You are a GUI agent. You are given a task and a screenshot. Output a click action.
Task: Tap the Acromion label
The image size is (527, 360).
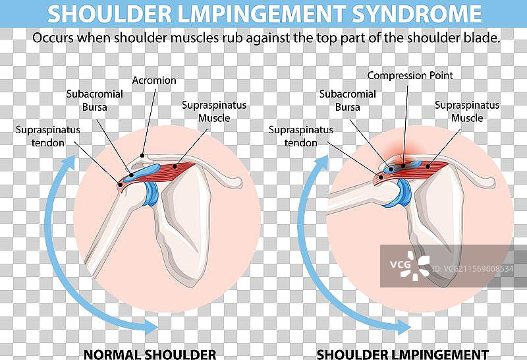pyautogui.click(x=154, y=80)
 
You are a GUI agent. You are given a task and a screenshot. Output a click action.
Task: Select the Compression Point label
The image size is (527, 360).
pyautogui.click(x=410, y=75)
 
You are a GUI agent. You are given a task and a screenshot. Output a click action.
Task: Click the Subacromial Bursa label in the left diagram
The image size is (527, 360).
pyautogui.click(x=95, y=100)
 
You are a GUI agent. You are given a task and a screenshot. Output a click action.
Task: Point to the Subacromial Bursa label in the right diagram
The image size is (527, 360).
pyautogui.click(x=348, y=100)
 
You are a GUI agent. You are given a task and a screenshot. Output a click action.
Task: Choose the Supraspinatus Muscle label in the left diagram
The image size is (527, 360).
pyautogui.click(x=214, y=111)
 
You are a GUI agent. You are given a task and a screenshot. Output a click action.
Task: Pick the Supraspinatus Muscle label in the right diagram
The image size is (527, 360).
pyautogui.click(x=467, y=111)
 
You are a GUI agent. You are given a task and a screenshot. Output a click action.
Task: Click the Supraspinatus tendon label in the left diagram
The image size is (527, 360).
pyautogui.click(x=47, y=136)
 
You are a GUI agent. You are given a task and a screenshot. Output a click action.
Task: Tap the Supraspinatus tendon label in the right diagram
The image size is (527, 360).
pyautogui.click(x=300, y=136)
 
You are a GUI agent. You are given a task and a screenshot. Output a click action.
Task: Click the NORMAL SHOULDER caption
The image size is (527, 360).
pyautogui.click(x=150, y=354)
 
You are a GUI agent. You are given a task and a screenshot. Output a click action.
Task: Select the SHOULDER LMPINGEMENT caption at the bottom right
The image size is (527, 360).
pyautogui.click(x=402, y=354)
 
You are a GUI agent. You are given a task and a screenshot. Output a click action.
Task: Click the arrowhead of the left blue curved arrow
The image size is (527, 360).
pyautogui.click(x=150, y=326)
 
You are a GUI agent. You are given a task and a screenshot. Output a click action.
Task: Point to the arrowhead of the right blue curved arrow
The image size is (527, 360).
pyautogui.click(x=402, y=326)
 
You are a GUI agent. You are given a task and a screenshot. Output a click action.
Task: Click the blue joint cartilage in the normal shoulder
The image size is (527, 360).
pyautogui.click(x=152, y=193)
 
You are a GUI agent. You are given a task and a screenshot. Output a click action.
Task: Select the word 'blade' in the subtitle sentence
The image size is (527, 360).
pyautogui.click(x=484, y=38)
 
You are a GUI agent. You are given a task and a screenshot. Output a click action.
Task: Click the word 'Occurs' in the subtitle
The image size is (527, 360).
pyautogui.click(x=52, y=38)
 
